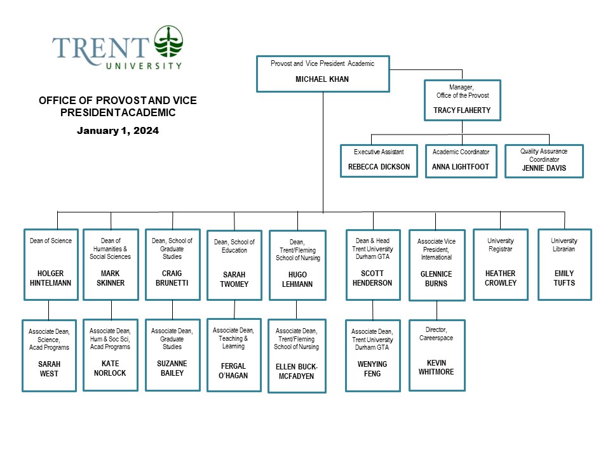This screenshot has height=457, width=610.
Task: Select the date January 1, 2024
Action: pos(118,131)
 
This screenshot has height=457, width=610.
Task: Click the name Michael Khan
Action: pos(322,79)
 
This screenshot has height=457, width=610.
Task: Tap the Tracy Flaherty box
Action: pos(462,100)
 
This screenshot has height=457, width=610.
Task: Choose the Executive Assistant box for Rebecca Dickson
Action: pos(379,161)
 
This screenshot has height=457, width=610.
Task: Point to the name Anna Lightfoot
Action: pos(461,167)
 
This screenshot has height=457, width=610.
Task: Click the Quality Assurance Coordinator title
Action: pos(544,156)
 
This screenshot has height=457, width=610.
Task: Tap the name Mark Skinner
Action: pos(111,278)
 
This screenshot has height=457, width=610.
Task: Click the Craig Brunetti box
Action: pos(173,264)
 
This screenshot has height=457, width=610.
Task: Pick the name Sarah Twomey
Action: pos(234,280)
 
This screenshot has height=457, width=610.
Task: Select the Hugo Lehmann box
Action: pos(297,265)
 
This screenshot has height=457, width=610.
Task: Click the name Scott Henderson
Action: pos(372,278)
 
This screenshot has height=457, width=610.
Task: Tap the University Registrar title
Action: pos(500,245)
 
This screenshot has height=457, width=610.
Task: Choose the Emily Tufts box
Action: pos(564,264)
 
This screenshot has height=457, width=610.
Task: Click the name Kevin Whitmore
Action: pos(437,368)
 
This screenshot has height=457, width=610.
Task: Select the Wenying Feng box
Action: pos(372,355)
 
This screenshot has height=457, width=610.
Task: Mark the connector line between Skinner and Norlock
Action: pos(111,310)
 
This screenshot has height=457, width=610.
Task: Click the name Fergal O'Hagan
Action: pos(234,371)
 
